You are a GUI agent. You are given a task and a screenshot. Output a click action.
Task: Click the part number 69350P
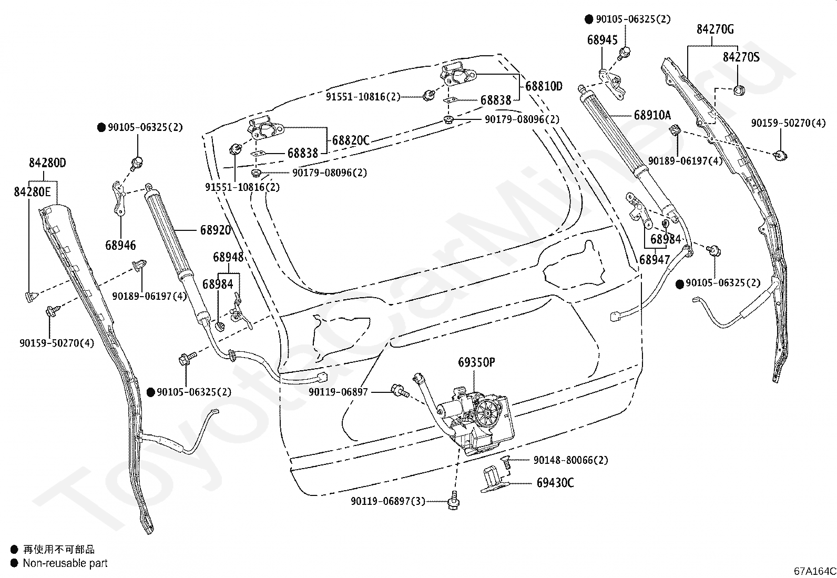coord(476,362)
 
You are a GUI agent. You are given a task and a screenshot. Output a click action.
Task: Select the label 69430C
coord(555,483)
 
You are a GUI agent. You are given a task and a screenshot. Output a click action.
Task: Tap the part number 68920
coord(216,230)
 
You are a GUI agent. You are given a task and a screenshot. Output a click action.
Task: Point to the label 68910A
coord(652,115)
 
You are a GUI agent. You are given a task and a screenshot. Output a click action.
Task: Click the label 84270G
coord(715,29)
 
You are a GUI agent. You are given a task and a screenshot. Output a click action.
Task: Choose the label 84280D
coord(47,163)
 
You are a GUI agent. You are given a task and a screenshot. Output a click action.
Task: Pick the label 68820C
coord(351,140)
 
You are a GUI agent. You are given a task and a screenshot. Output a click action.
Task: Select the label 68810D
coord(544,86)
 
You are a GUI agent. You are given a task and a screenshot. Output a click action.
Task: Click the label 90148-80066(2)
coord(570,460)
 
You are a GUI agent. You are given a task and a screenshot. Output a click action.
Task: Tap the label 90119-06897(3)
coord(388,501)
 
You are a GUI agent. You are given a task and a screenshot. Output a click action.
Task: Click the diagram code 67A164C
coord(815,571)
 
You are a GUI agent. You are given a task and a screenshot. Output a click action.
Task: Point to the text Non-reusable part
coord(65,563)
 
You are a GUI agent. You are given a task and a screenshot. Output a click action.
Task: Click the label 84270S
coord(741,57)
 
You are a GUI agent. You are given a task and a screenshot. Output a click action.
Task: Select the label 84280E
coord(32,192)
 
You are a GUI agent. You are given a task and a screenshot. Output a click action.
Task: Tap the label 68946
coord(120,245)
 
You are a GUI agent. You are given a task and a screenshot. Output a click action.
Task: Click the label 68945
coord(603,40)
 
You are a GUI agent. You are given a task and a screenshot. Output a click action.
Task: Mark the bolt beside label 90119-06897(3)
coord(454,501)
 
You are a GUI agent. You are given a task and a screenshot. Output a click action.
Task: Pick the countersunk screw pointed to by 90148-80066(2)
coord(505,462)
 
